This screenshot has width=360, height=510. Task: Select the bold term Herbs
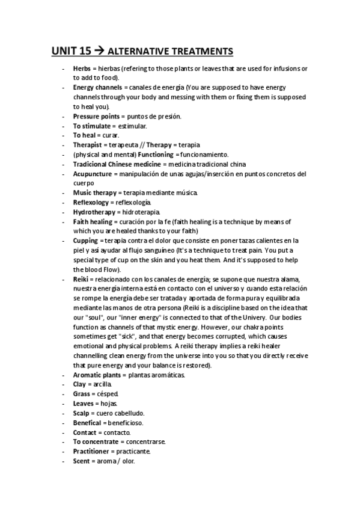pyautogui.click(x=82, y=69)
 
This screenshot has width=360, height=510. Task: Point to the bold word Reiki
pyautogui.click(x=81, y=279)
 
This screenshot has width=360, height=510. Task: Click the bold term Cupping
pyautogui.click(x=85, y=240)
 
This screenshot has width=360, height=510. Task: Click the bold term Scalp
pyautogui.click(x=82, y=413)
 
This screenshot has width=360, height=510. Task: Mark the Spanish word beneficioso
pyautogui.click(x=126, y=423)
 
